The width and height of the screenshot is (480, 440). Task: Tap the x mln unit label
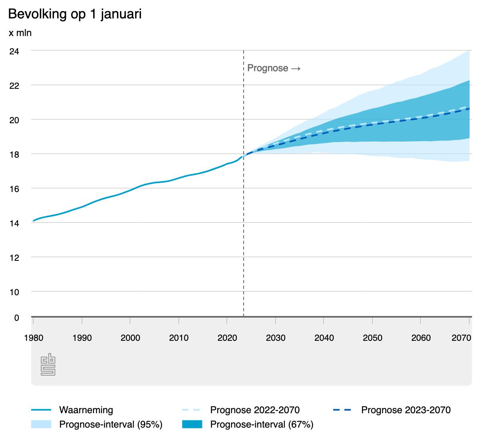(20, 33)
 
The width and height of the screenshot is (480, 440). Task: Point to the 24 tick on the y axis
(14, 51)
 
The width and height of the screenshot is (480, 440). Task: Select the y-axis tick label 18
(14, 154)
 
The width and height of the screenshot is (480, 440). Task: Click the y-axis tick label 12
(14, 257)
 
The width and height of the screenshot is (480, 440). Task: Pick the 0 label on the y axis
(16, 318)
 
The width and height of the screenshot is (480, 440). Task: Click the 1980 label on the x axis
(34, 338)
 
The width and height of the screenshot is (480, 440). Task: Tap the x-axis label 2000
(130, 338)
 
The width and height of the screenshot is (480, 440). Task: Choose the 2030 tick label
(276, 338)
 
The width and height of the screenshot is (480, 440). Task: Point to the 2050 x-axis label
(372, 338)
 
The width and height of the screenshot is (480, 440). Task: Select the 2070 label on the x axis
(461, 338)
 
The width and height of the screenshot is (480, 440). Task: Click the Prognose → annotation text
(274, 68)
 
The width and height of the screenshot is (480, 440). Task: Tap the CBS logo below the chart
(48, 364)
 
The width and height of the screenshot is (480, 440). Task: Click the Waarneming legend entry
(86, 410)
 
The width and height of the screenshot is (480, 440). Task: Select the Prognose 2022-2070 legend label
(255, 410)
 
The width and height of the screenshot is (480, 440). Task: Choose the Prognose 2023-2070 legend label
(406, 410)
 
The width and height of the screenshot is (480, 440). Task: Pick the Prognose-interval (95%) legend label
(110, 425)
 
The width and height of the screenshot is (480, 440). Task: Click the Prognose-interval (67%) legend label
(262, 425)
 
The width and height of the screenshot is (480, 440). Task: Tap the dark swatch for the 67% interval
(192, 425)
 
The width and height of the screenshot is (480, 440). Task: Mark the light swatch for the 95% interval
(41, 425)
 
